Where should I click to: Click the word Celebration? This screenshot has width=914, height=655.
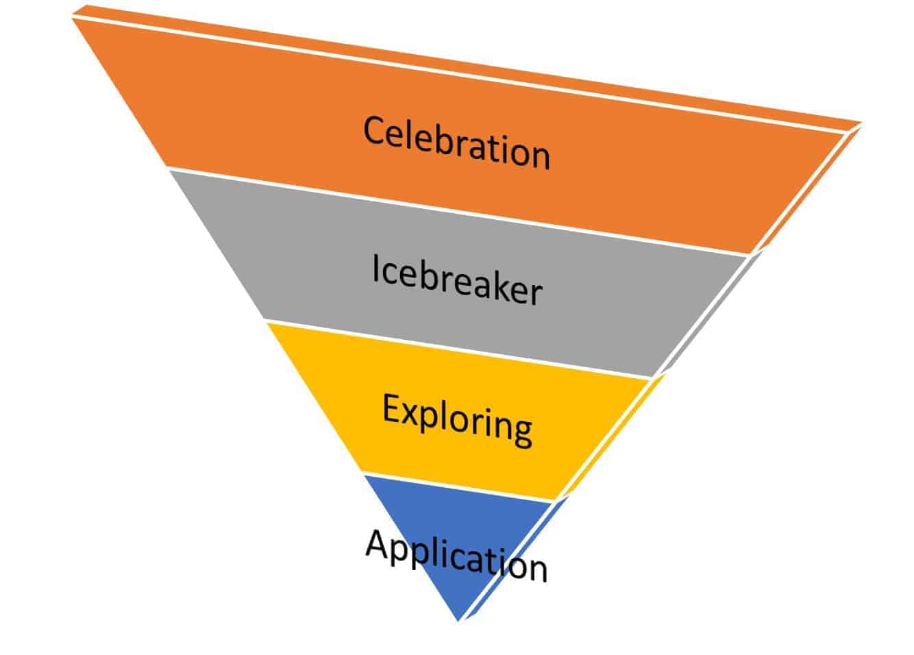(x=456, y=143)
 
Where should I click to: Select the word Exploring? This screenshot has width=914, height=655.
(x=457, y=419)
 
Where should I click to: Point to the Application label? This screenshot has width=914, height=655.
(x=456, y=556)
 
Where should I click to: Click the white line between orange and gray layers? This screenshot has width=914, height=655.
(x=459, y=210)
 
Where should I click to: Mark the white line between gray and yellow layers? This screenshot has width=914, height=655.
(x=459, y=349)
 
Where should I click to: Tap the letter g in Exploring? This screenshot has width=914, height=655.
(x=521, y=432)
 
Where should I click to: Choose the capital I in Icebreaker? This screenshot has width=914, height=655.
(x=376, y=269)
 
